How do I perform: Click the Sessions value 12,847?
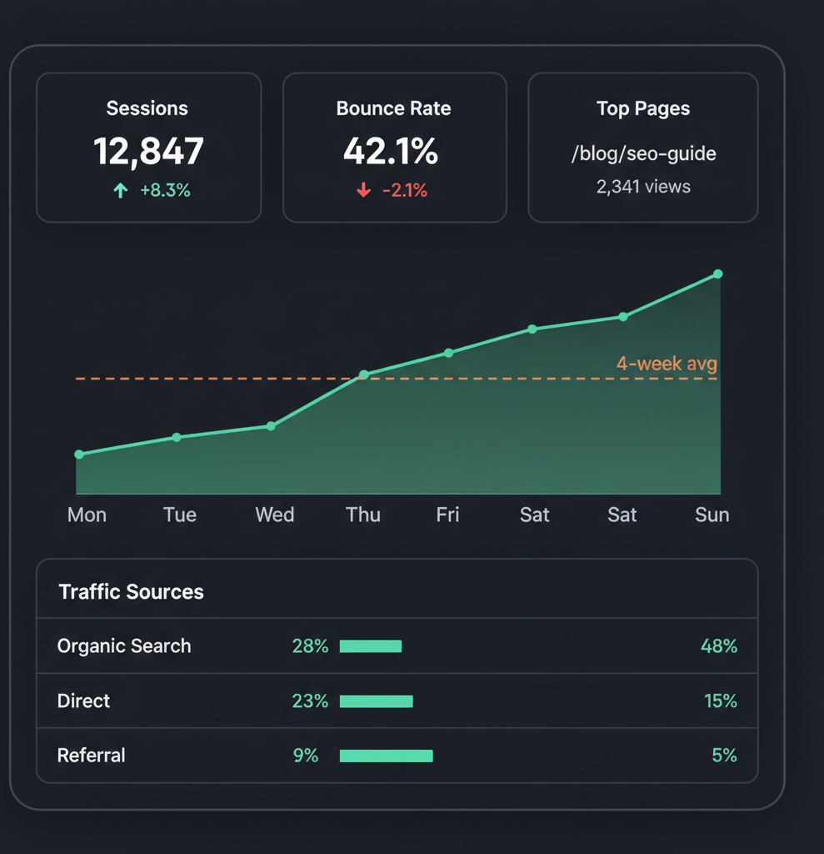pos(148,152)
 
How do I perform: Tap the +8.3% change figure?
pos(165,190)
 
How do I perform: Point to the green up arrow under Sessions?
pos(121,191)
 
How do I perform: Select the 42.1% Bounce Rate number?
pos(391,152)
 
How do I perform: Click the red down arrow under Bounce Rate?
pos(363,191)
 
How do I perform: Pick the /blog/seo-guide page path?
pos(643,153)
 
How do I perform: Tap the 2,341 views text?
pos(643,187)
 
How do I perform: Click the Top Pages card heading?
pos(643,108)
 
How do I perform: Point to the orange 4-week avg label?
pos(667,364)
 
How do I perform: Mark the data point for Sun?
pos(718,274)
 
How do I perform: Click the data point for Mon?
pos(79,455)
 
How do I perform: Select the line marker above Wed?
pos(271,426)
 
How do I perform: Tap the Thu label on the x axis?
pos(363,515)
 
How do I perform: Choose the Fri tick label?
pos(447,515)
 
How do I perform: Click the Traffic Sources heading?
pos(131,592)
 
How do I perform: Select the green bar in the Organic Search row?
pos(371,646)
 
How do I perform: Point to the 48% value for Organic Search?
pos(719,646)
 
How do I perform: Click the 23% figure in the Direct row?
pos(310,701)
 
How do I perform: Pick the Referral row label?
pos(91,756)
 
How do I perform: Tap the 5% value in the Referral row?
pos(724,756)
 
